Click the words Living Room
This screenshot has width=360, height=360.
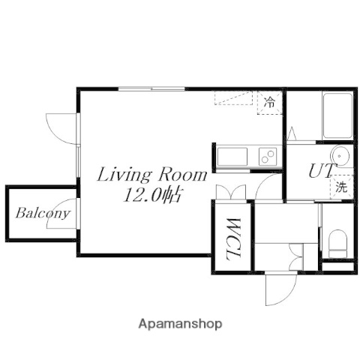pyautogui.click(x=152, y=176)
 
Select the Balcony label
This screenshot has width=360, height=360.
pyautogui.click(x=42, y=212)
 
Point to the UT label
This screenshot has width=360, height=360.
pyautogui.click(x=319, y=171)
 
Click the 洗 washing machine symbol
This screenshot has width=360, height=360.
pyautogui.click(x=341, y=187)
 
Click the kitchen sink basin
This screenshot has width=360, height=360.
pyautogui.click(x=232, y=157)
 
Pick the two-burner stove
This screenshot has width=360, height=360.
pyautogui.click(x=267, y=157)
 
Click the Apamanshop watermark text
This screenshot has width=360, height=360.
pyautogui.click(x=180, y=324)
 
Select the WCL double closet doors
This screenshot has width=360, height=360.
pyautogui.click(x=232, y=193)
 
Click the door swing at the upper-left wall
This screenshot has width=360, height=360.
pyautogui.click(x=61, y=128)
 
